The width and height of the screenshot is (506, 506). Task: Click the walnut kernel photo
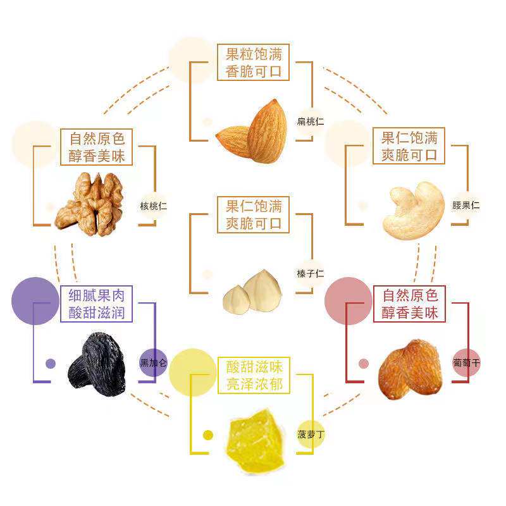tap(89, 202)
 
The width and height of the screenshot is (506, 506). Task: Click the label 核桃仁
tap(154, 206)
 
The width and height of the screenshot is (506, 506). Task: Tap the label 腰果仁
tap(466, 206)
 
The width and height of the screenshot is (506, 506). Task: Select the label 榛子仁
tap(310, 274)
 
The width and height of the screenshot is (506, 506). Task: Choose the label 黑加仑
tap(154, 363)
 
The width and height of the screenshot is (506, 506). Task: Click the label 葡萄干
tap(466, 363)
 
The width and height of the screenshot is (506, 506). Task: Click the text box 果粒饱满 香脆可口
tap(253, 62)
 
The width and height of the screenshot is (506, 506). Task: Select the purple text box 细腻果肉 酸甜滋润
tap(97, 304)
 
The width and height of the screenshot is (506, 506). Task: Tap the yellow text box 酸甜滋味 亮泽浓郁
tap(253, 375)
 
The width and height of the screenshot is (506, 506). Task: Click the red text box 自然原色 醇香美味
tap(409, 304)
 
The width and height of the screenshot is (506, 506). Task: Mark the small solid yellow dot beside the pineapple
tap(207, 435)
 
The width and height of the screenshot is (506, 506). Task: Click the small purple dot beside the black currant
tap(51, 364)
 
